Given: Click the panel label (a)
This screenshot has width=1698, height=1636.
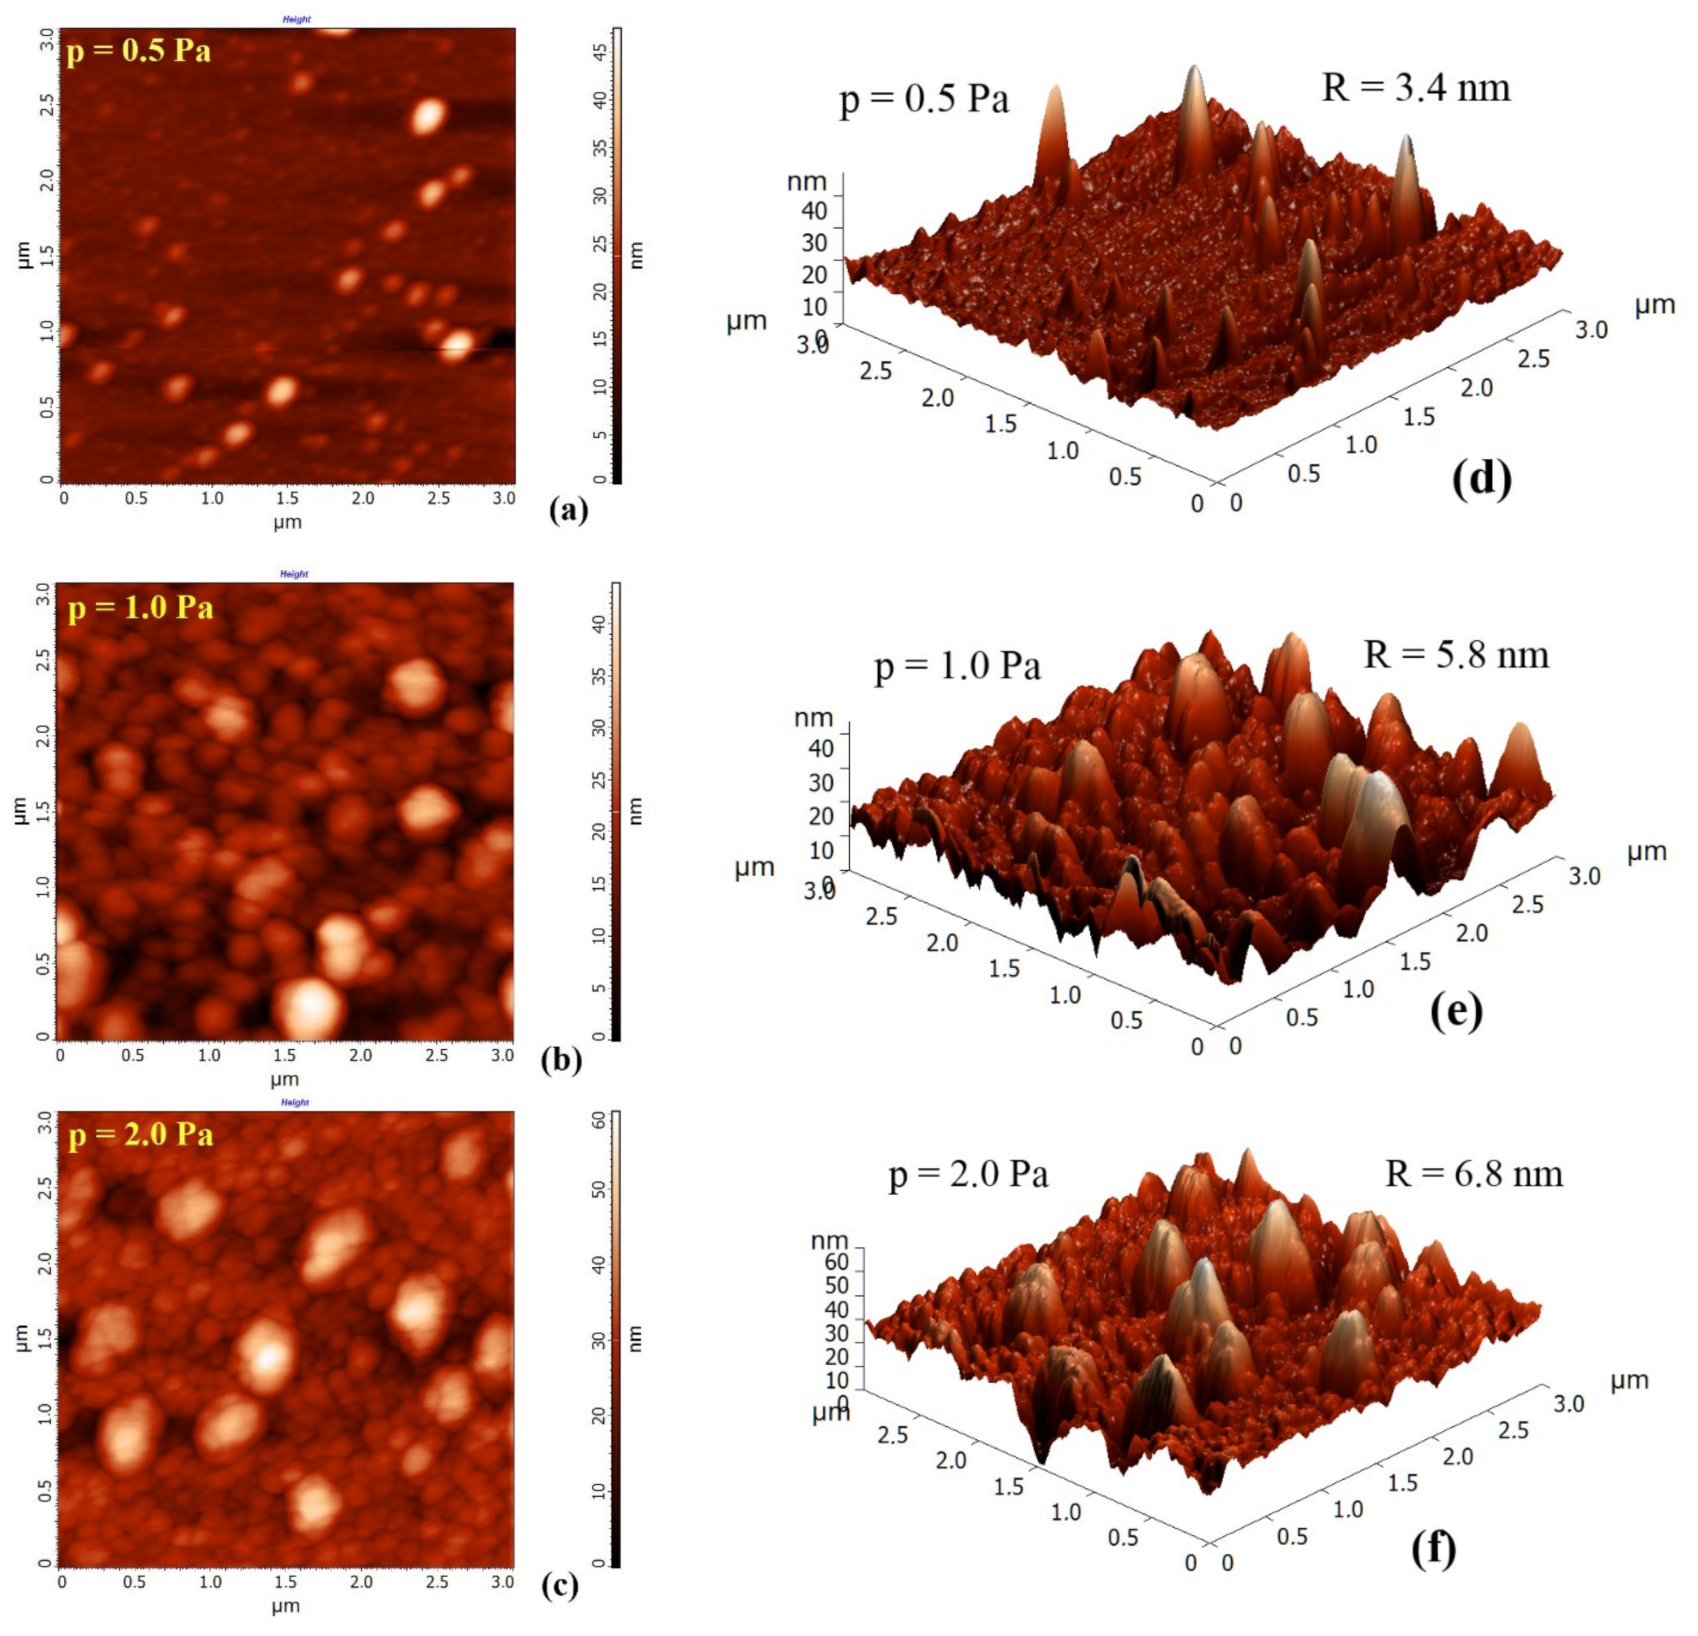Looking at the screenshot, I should click(568, 510).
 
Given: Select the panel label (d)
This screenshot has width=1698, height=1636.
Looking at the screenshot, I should click(1482, 478).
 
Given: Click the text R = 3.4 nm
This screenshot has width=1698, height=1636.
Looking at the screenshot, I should click(1415, 88).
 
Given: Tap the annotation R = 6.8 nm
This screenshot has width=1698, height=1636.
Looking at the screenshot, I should click(1474, 1174).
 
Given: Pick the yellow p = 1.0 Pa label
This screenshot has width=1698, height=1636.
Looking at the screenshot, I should click(141, 608).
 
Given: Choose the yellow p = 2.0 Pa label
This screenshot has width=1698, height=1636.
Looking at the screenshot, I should click(141, 1134).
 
